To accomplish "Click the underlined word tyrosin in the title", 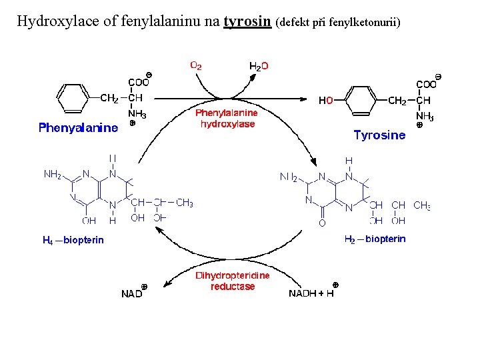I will (x=247, y=21).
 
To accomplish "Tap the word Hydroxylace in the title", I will (x=59, y=21).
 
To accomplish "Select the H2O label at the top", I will (x=259, y=66).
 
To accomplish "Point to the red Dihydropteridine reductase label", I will (x=232, y=281).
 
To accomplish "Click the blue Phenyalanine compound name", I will (x=78, y=127).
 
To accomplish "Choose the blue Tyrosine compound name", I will (x=379, y=135).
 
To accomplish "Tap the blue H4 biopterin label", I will (x=73, y=240).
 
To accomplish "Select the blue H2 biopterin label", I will (x=375, y=239).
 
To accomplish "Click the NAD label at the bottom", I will (x=133, y=293).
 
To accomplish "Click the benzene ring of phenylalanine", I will (x=73, y=99).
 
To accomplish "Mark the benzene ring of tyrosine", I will (x=362, y=101).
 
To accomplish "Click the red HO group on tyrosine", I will (x=326, y=101).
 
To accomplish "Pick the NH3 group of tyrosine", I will (x=425, y=117).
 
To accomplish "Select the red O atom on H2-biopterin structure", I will (x=322, y=223).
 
